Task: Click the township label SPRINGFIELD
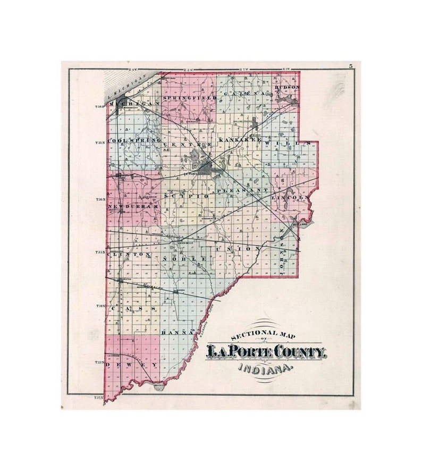(x=189, y=98)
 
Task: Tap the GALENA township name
(x=244, y=94)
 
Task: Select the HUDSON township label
(x=288, y=87)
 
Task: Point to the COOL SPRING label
(x=134, y=140)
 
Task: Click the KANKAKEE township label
(x=240, y=140)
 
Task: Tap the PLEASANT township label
(x=242, y=190)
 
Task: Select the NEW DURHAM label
(x=130, y=206)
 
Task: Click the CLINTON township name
(x=128, y=255)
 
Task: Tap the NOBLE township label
(x=184, y=258)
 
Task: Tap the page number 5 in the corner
(x=351, y=66)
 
